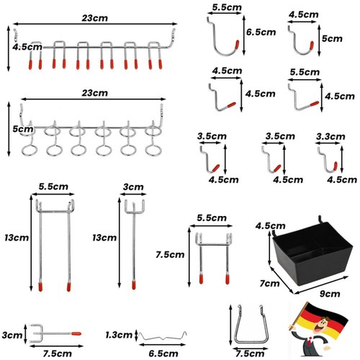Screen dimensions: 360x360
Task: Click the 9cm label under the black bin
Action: click(330, 294)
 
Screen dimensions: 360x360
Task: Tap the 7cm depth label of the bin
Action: click(269, 284)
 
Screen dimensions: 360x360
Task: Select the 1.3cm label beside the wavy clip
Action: click(119, 335)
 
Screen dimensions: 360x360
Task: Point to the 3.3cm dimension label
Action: click(330, 137)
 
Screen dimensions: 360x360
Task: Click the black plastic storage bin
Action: click(312, 253)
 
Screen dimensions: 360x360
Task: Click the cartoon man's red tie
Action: click(311, 341)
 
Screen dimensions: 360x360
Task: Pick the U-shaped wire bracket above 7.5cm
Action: click(251, 341)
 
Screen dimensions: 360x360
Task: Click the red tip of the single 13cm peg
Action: click(134, 285)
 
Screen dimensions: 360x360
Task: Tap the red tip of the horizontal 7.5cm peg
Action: click(76, 333)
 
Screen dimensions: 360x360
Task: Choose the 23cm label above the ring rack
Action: click(95, 93)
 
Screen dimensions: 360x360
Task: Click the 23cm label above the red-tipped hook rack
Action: click(95, 18)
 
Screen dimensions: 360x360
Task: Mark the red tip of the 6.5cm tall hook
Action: click(237, 45)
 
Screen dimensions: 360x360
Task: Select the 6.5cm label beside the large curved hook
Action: click(261, 32)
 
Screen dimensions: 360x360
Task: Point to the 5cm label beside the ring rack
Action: click(23, 129)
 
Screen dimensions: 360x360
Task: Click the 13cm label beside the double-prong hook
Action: click(17, 238)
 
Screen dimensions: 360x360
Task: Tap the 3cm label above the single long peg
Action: click(133, 187)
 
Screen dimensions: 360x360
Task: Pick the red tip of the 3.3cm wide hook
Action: click(336, 166)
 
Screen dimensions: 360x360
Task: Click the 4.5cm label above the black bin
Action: click(271, 226)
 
